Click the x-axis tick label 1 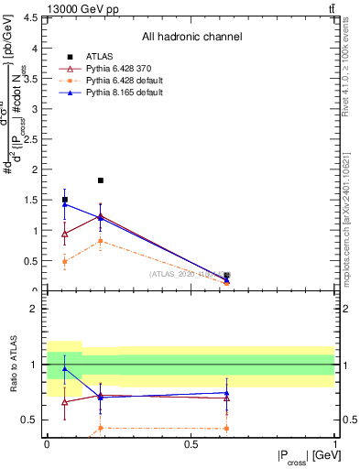pos(334,444)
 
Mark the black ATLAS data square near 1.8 pos(101,180)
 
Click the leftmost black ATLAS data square pos(64,200)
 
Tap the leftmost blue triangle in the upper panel pos(64,204)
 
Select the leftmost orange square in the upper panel pos(64,261)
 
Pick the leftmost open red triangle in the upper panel pos(64,234)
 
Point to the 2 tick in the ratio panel pos(37,309)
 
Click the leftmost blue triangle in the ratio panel pos(64,369)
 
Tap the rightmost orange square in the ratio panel pos(226,429)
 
